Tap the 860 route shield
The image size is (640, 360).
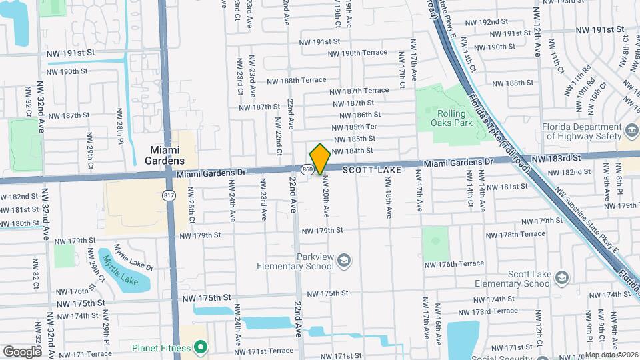coord(307,170)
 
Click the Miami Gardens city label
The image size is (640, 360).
coord(164,155)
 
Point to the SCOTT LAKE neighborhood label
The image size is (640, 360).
coord(373,171)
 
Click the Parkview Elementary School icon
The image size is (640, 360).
coord(345,259)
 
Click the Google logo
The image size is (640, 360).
coord(22,351)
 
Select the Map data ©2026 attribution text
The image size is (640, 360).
coord(611,355)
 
